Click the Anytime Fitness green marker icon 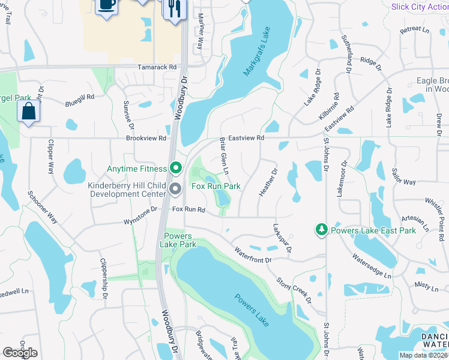pyautogui.click(x=175, y=168)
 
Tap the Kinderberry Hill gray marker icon pyautogui.click(x=175, y=190)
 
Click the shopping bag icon pyautogui.click(x=29, y=112)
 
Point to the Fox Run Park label pyautogui.click(x=215, y=187)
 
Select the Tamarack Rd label pyautogui.click(x=157, y=68)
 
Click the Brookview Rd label pyautogui.click(x=146, y=138)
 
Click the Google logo pyautogui.click(x=20, y=352)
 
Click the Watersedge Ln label pyautogui.click(x=371, y=267)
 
